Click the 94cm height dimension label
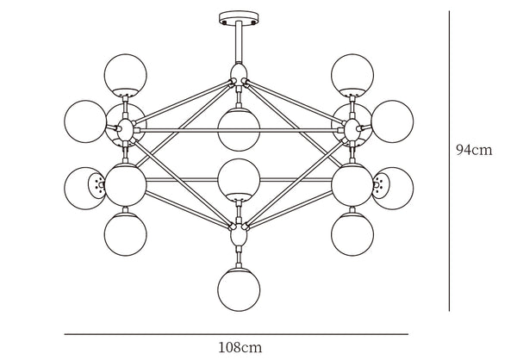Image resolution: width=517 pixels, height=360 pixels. tap(474, 150)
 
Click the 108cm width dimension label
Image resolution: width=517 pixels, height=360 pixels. tap(240, 347)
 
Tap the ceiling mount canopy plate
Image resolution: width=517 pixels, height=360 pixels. tap(239, 18)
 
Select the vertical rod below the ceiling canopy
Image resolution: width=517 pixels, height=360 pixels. tap(239, 42)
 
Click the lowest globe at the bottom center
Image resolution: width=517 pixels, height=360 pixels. tap(239, 289)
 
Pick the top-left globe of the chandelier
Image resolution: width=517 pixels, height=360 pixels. tap(125, 75)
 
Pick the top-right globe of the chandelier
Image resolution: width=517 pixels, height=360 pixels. tap(352, 75)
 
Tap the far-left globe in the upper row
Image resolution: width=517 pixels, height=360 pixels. tap(85, 121)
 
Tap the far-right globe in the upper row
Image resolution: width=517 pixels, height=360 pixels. tap(392, 121)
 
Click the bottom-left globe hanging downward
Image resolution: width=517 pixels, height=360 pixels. tap(125, 234)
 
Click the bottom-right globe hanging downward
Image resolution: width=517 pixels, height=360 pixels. tap(352, 234)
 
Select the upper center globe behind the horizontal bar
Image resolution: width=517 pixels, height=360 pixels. tap(239, 129)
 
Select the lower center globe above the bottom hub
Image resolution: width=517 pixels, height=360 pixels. tap(239, 180)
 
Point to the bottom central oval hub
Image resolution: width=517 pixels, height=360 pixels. tap(239, 234)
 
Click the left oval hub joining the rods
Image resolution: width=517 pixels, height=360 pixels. tap(125, 130)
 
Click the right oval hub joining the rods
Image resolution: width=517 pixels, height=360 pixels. tap(352, 130)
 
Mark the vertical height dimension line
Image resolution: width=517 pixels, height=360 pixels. tap(449, 161)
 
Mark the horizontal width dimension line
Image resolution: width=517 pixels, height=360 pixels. tap(236, 334)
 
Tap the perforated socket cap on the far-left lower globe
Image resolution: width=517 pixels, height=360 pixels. tap(97, 186)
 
